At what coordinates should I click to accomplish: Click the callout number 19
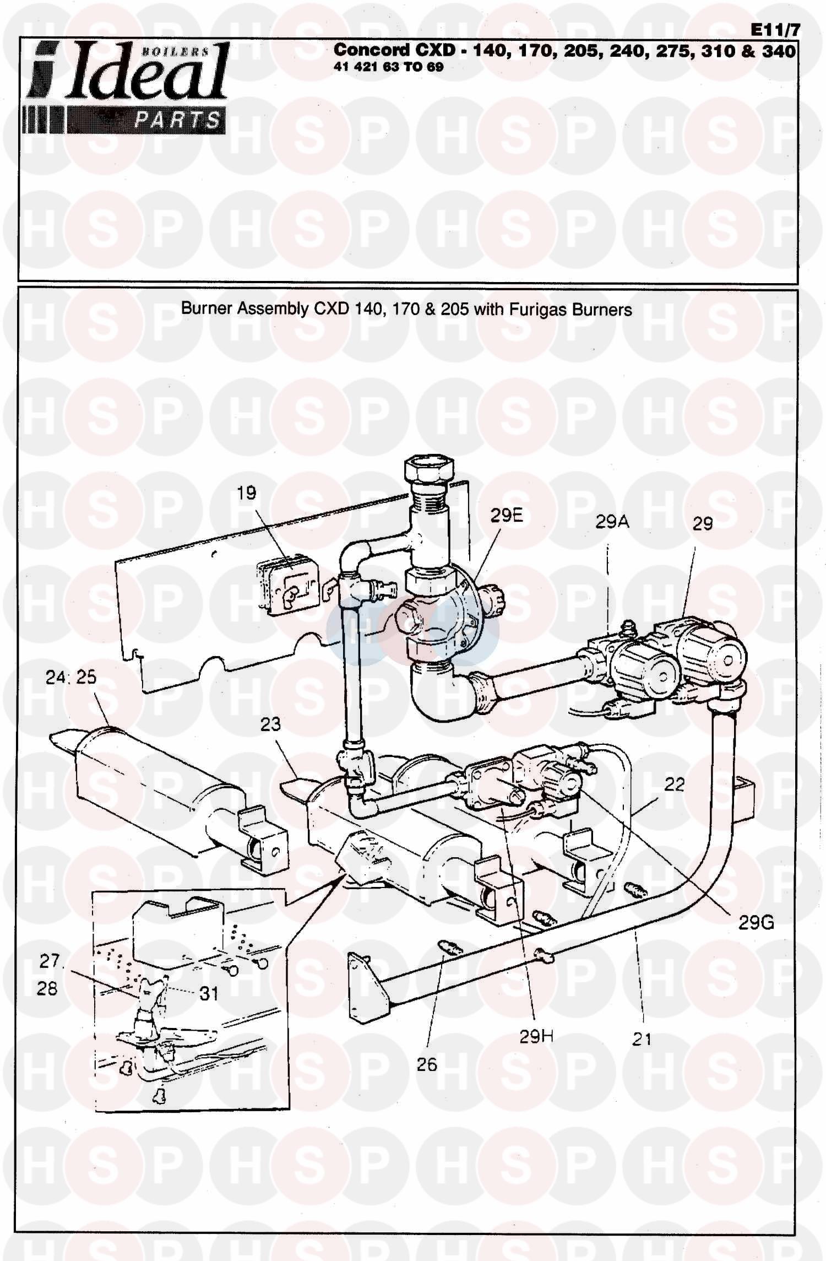pos(247,493)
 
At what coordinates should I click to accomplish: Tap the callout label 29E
pos(507,516)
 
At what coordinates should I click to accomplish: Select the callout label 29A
pos(612,522)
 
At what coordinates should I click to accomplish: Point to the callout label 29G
pos(756,922)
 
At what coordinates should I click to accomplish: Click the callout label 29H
pos(536,1037)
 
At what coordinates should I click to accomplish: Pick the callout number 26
pos(427,1064)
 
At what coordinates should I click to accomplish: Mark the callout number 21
pos(642,1040)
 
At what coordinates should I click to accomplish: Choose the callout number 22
pos(674,784)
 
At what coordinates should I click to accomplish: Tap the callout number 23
pos(270,724)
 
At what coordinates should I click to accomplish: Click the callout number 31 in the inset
pos(209,993)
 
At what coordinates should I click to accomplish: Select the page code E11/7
pos(775,31)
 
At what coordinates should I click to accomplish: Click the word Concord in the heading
pos(372,50)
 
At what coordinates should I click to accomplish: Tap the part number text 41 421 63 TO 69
pos(388,67)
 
